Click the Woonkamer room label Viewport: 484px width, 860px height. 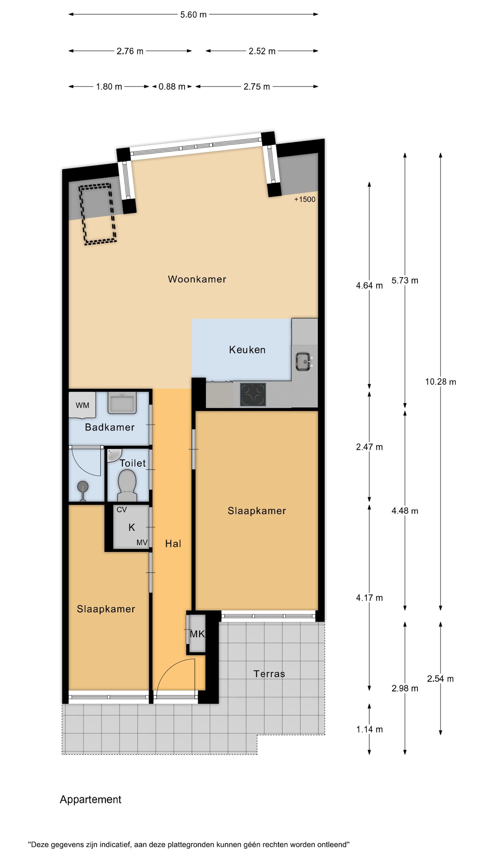pos(197,279)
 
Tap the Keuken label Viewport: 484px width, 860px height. pos(247,350)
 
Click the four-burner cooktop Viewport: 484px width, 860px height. pos(253,394)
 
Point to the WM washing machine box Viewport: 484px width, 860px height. pos(82,405)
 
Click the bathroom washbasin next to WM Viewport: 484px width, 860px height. pos(122,403)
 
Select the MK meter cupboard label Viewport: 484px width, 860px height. pos(197,634)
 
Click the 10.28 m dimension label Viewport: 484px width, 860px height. pos(440,382)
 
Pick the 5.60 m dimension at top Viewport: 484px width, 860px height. pos(193,15)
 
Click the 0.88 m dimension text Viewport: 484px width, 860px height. pos(172,87)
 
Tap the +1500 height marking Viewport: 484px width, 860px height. pos(305,200)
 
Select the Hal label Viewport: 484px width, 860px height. pos(173,544)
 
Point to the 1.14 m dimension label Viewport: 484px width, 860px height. pos(369,729)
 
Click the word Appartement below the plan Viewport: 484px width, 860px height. pos(90,799)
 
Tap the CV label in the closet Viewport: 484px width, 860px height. pos(121,510)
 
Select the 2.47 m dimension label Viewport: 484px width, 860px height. pos(369,447)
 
